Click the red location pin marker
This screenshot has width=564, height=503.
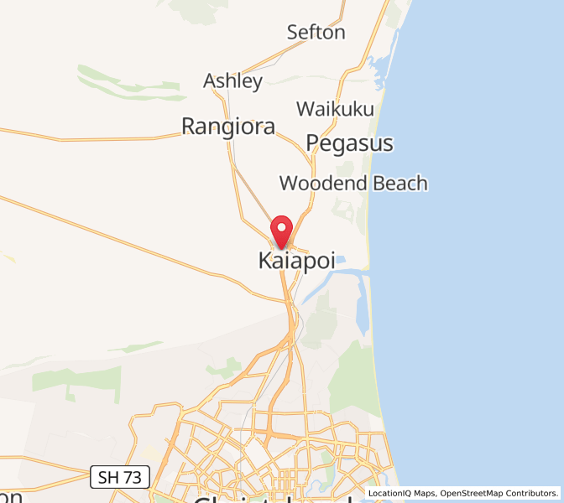click(281, 229)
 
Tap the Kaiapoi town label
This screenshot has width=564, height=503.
click(296, 261)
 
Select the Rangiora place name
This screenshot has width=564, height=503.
click(228, 127)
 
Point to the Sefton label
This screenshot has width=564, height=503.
click(316, 33)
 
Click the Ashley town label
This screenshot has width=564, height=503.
click(232, 81)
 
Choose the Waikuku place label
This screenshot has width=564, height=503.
click(334, 110)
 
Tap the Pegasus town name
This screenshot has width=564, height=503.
click(349, 143)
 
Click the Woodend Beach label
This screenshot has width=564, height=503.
click(353, 184)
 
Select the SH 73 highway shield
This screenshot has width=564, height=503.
click(120, 478)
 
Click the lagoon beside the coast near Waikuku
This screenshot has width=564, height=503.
click(375, 70)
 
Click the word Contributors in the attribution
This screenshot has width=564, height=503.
click(535, 494)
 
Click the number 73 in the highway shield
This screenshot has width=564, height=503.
click(133, 478)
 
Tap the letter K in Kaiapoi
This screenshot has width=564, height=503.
click(264, 261)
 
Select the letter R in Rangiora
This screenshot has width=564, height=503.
click(189, 127)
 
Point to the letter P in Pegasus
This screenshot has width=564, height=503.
click(313, 143)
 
